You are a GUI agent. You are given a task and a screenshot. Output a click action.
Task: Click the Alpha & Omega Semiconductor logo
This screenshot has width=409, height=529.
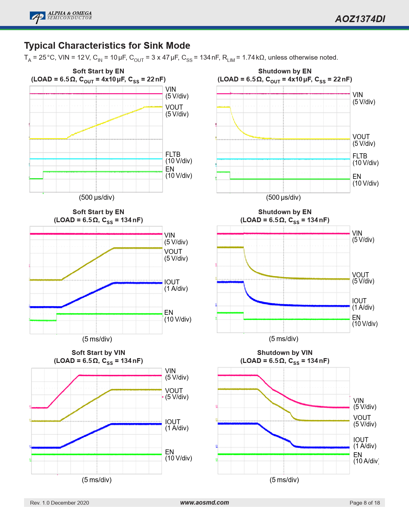(61, 17)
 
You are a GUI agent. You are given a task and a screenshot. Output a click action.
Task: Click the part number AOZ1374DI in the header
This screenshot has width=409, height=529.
(360, 19)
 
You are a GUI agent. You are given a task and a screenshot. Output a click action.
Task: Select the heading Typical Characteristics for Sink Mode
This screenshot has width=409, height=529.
(107, 46)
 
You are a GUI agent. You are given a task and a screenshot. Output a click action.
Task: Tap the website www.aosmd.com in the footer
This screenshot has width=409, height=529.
(204, 502)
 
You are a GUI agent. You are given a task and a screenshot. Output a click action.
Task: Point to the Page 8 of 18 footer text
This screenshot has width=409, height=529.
(364, 503)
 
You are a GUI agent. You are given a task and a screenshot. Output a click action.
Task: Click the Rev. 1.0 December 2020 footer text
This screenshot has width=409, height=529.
(59, 503)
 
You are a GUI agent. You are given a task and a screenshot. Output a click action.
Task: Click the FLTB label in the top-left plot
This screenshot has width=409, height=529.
(173, 155)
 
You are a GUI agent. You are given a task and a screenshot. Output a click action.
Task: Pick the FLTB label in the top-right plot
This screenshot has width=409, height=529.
(360, 156)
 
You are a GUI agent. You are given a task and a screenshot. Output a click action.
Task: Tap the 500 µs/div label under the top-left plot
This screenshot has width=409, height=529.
(97, 197)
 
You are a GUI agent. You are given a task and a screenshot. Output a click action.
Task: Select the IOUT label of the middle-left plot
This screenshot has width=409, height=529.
(172, 282)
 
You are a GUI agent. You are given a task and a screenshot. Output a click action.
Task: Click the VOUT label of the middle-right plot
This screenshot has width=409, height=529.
(360, 275)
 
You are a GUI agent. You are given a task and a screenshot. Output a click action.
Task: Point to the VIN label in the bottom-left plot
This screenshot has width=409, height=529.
(170, 371)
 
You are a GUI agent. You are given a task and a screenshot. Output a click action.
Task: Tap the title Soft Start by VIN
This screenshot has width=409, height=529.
(98, 353)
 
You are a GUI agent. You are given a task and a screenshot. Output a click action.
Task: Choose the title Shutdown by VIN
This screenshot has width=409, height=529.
(285, 353)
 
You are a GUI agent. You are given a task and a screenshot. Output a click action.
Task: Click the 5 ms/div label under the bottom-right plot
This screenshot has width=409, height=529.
(284, 480)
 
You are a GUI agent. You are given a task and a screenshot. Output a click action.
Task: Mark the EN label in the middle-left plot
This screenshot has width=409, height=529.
(169, 313)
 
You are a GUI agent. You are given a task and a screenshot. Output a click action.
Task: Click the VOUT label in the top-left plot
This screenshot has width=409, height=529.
(174, 107)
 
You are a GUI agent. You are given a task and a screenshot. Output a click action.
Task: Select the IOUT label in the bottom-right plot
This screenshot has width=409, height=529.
(361, 440)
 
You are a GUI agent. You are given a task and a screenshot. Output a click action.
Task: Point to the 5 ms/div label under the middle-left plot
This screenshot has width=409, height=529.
(97, 339)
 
